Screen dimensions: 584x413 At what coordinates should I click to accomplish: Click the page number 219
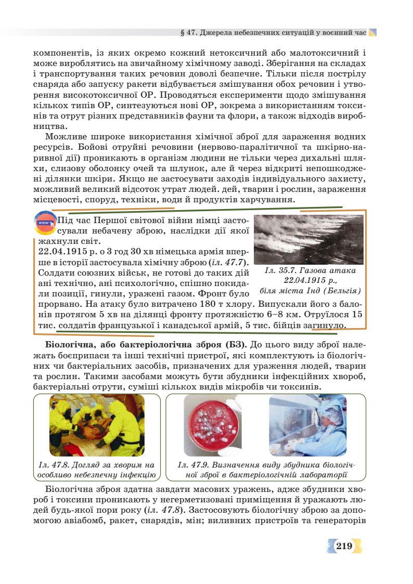(x=344, y=546)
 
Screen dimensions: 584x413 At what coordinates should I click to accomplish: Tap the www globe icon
(x=44, y=223)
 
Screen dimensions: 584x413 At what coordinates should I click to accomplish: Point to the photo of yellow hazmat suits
(x=97, y=425)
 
